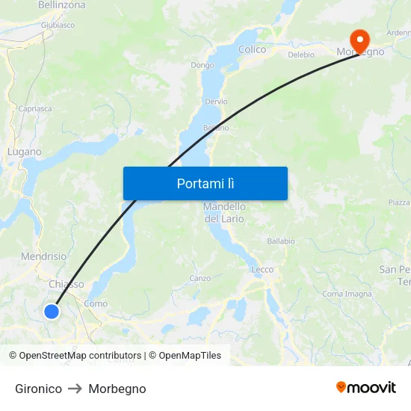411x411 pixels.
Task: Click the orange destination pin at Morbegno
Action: pyautogui.click(x=359, y=40)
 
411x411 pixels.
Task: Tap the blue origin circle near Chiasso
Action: pyautogui.click(x=52, y=311)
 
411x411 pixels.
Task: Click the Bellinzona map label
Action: pyautogui.click(x=61, y=5)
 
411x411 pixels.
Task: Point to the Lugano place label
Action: pyautogui.click(x=24, y=151)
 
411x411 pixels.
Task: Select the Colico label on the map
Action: pyautogui.click(x=252, y=49)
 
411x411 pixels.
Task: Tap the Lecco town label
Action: pyautogui.click(x=262, y=269)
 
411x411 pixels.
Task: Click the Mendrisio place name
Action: pyautogui.click(x=43, y=256)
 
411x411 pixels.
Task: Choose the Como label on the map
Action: pyautogui.click(x=96, y=303)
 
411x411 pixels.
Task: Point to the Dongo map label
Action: pyautogui.click(x=202, y=65)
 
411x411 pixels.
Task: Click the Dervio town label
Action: pyautogui.click(x=215, y=101)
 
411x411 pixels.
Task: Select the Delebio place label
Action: pyautogui.click(x=300, y=55)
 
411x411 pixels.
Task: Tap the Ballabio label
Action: pyautogui.click(x=281, y=241)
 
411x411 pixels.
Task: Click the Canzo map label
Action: pyautogui.click(x=200, y=278)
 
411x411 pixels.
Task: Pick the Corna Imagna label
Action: pyautogui.click(x=347, y=294)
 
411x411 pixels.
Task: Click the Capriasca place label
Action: pyautogui.click(x=35, y=108)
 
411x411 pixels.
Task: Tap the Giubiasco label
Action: pyautogui.click(x=58, y=25)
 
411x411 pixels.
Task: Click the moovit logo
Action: pyautogui.click(x=365, y=388)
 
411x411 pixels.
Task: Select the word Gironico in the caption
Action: pyautogui.click(x=38, y=389)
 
